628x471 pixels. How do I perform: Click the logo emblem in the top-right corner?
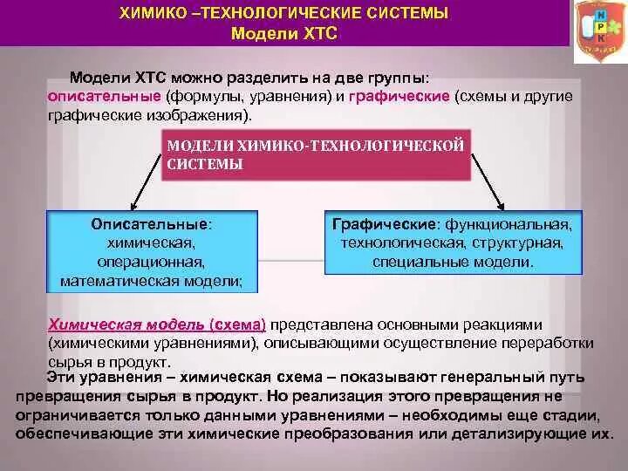(x=599, y=31)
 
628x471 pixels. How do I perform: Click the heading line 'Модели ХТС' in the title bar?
(x=283, y=34)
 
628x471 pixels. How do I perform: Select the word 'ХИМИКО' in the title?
(x=151, y=13)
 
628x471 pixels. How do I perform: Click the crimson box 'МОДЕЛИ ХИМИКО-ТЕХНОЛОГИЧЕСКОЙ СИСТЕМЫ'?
(x=316, y=154)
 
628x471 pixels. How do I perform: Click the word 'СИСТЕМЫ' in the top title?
(x=391, y=13)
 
